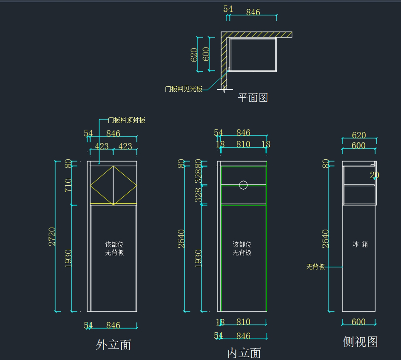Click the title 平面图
tap(253, 98)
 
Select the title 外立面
tap(113, 345)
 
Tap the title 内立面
tap(244, 353)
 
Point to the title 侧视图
tap(360, 342)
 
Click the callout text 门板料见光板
tap(183, 89)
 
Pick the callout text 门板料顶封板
tap(127, 120)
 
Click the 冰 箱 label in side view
tap(360, 245)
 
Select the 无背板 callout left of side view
tap(315, 267)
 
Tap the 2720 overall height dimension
tap(52, 237)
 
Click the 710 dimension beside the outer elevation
tap(68, 185)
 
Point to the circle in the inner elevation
tap(243, 185)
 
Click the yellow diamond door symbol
tap(113, 185)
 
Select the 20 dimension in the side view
tap(374, 175)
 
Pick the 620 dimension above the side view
tap(359, 135)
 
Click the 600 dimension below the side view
tap(358, 322)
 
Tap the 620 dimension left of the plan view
tap(194, 55)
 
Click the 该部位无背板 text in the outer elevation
tap(114, 249)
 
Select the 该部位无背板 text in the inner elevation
tap(242, 249)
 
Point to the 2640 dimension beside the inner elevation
tap(181, 239)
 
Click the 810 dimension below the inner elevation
tap(243, 322)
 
